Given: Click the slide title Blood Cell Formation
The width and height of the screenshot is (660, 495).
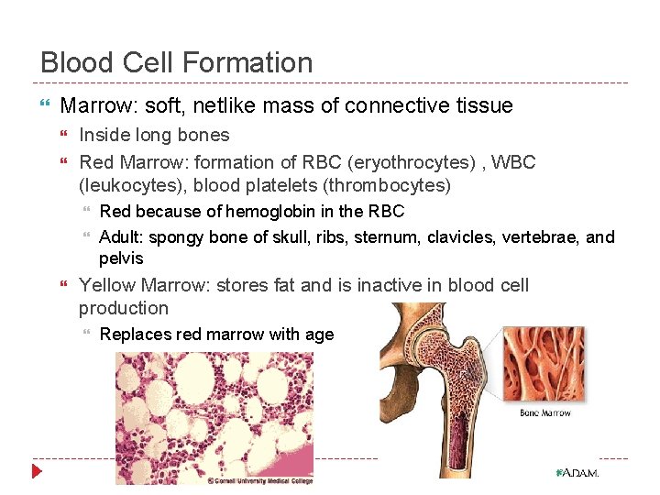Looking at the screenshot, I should click(177, 62).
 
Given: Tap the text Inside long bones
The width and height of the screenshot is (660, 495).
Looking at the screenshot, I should click(154, 135).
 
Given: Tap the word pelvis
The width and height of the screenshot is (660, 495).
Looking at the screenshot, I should click(121, 258).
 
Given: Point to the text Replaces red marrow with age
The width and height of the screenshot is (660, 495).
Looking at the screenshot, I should click(216, 335).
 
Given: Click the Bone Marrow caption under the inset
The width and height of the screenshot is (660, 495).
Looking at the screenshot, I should click(545, 412).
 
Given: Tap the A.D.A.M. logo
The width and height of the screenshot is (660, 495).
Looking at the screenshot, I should click(577, 473).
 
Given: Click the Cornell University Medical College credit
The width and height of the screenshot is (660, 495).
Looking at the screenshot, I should click(259, 479).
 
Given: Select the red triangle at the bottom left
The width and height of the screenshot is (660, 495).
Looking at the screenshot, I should click(37, 472).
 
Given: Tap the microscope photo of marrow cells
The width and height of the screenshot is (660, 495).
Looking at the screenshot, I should click(214, 414).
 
